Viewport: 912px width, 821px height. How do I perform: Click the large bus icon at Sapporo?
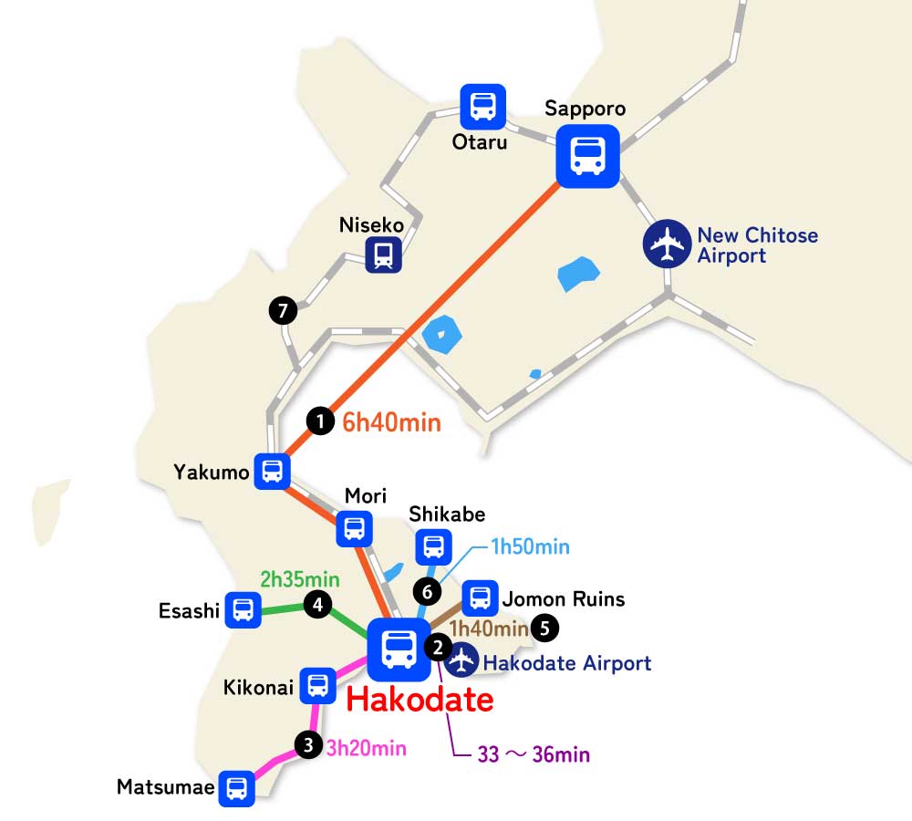[x=588, y=156]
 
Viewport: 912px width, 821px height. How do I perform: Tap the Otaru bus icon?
[x=482, y=107]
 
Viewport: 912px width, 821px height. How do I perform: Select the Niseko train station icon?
[x=384, y=255]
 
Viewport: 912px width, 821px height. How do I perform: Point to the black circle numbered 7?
[x=283, y=311]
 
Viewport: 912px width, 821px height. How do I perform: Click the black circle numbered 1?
[x=320, y=421]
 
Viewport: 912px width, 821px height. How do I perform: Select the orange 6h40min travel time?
[x=391, y=422]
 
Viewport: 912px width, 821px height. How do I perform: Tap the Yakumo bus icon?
[x=272, y=472]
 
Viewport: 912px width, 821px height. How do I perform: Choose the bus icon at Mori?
[x=354, y=528]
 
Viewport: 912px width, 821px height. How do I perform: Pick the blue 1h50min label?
[x=530, y=546]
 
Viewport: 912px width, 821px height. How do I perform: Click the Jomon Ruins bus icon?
[x=480, y=598]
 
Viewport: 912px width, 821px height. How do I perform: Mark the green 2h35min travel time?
[x=299, y=579]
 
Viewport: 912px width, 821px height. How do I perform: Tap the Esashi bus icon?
[x=244, y=609]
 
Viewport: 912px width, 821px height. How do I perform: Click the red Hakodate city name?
[x=420, y=701]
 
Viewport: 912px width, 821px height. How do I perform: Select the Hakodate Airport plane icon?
[x=463, y=660]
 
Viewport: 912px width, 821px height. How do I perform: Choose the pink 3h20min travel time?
[x=366, y=748]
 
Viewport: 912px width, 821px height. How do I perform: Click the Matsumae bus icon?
[x=237, y=787]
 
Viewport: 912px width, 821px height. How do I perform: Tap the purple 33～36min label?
[x=534, y=755]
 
